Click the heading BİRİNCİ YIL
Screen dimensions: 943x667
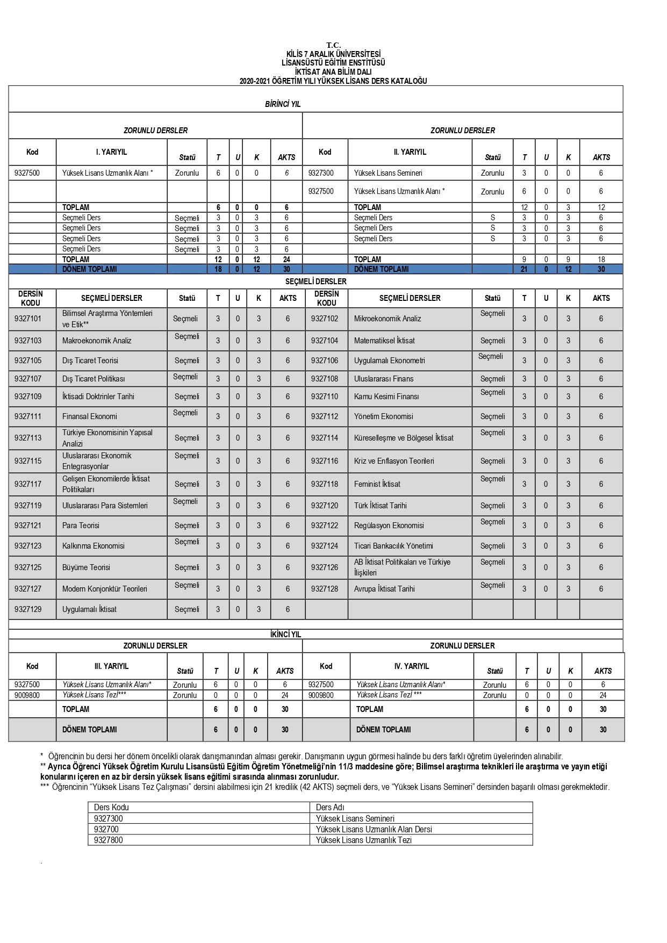pos(283,104)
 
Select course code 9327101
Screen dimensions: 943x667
pos(28,319)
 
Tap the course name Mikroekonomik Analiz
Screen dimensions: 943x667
pos(388,319)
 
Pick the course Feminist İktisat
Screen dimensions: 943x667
pos(377,484)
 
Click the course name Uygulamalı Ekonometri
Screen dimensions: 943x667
pos(389,361)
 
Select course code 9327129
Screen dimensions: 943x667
pos(28,609)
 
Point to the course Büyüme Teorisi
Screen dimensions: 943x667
pos(86,567)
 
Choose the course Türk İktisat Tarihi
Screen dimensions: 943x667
pos(380,506)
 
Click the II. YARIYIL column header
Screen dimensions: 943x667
pos(410,152)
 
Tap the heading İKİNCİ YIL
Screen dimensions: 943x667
pos(286,635)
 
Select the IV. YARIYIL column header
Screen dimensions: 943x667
pos(411,666)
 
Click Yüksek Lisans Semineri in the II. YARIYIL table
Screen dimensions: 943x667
pos(388,173)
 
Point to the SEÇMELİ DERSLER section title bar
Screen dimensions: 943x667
pos(315,282)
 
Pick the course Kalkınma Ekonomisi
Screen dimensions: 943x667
pos(93,546)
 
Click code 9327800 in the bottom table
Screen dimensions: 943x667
pos(108,840)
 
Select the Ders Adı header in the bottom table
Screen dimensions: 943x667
pos(330,807)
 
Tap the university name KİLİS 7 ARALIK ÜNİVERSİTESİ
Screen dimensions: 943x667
pos(333,54)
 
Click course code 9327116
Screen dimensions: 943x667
pos(325,461)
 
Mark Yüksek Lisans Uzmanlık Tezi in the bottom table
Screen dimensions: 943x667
pos(363,840)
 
